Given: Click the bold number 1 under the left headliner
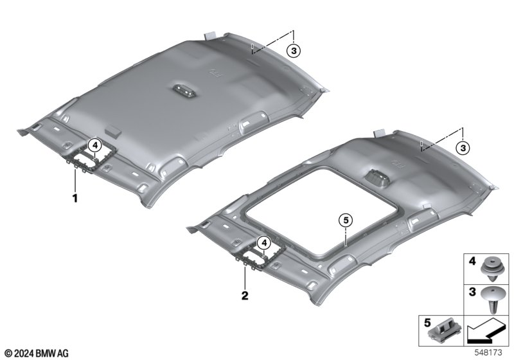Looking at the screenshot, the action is pos(75,198).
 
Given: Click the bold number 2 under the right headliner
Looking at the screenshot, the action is pos(245,296).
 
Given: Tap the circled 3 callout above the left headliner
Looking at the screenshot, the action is pos(294,51).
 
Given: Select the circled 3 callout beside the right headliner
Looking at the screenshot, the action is pos(463,148).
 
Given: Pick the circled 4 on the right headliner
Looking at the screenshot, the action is pos(264,243).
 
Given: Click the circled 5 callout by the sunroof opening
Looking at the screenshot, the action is pos(346,221).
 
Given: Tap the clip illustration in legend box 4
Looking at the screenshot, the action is pos(491,269).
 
